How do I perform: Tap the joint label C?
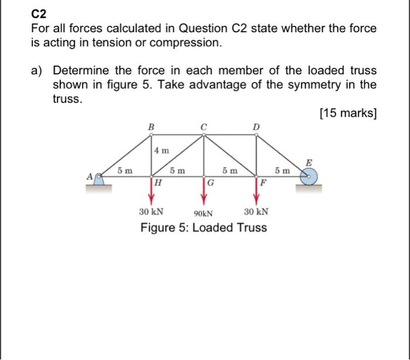pos(203,125)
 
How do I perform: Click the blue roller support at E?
pos(309,176)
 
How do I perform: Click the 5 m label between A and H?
pos(124,170)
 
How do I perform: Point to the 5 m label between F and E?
pos(282,170)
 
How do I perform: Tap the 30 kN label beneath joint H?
pos(151,212)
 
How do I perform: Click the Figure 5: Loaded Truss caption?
pos(203,227)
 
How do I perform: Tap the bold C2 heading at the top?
pos(39,13)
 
